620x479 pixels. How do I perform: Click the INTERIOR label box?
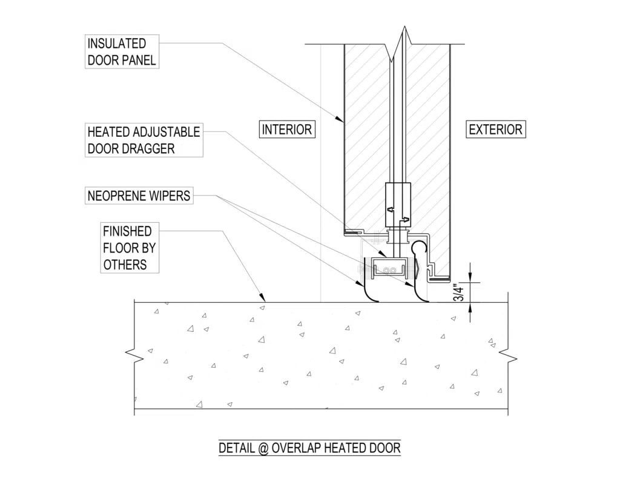[x=287, y=129]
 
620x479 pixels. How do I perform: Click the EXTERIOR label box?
[x=495, y=129]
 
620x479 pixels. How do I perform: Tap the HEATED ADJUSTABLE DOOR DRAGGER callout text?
[x=143, y=140]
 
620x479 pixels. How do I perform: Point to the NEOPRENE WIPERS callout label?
[x=139, y=196]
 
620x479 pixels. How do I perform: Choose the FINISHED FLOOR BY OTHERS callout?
[x=127, y=247]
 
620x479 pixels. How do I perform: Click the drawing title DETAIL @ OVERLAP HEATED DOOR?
[x=309, y=448]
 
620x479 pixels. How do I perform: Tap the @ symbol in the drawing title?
[x=263, y=448]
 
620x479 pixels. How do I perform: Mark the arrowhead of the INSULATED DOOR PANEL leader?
[x=343, y=122]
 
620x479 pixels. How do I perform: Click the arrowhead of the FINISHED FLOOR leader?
[x=264, y=299]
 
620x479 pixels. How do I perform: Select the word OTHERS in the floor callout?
[x=125, y=264]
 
